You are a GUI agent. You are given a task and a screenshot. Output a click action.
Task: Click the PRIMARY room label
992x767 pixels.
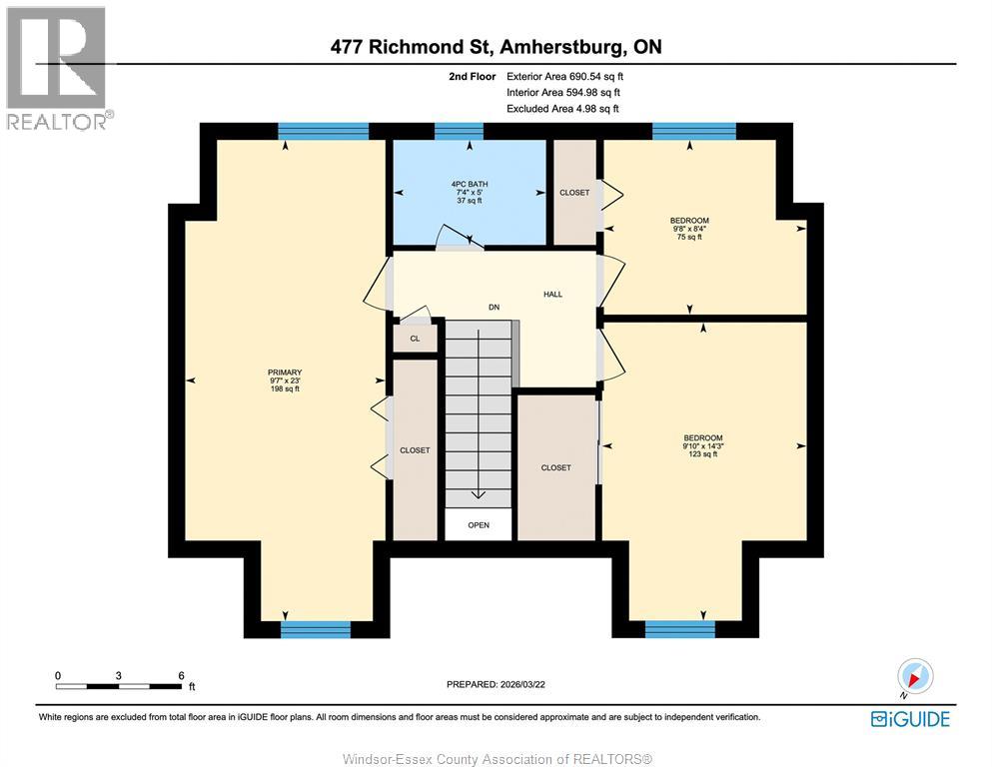coord(285,372)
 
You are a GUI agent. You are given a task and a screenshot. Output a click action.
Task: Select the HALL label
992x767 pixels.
coord(552,294)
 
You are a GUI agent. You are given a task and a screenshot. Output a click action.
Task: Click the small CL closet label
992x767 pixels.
coord(415,339)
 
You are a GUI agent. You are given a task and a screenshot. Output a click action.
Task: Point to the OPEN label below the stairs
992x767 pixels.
coord(479,524)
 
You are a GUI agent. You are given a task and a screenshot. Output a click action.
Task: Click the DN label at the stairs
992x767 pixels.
coord(494,307)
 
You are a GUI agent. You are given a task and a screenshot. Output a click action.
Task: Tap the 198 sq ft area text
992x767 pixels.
coord(285,388)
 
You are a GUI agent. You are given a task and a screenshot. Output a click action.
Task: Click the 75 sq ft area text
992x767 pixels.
coord(689,237)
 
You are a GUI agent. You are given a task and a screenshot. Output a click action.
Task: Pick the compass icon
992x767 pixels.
coord(915,677)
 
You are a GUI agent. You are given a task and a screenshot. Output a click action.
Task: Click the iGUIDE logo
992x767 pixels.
coord(910,718)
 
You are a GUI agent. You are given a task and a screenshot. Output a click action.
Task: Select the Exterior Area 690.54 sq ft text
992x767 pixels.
coord(570,75)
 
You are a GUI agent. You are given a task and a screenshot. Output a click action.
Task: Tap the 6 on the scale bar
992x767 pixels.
coord(181,675)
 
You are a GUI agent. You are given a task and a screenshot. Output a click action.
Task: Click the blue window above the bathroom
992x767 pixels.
coord(459,131)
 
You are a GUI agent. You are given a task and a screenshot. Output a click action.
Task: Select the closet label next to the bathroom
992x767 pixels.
coord(574,192)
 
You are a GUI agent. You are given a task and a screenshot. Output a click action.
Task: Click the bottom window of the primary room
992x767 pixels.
coord(316,629)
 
